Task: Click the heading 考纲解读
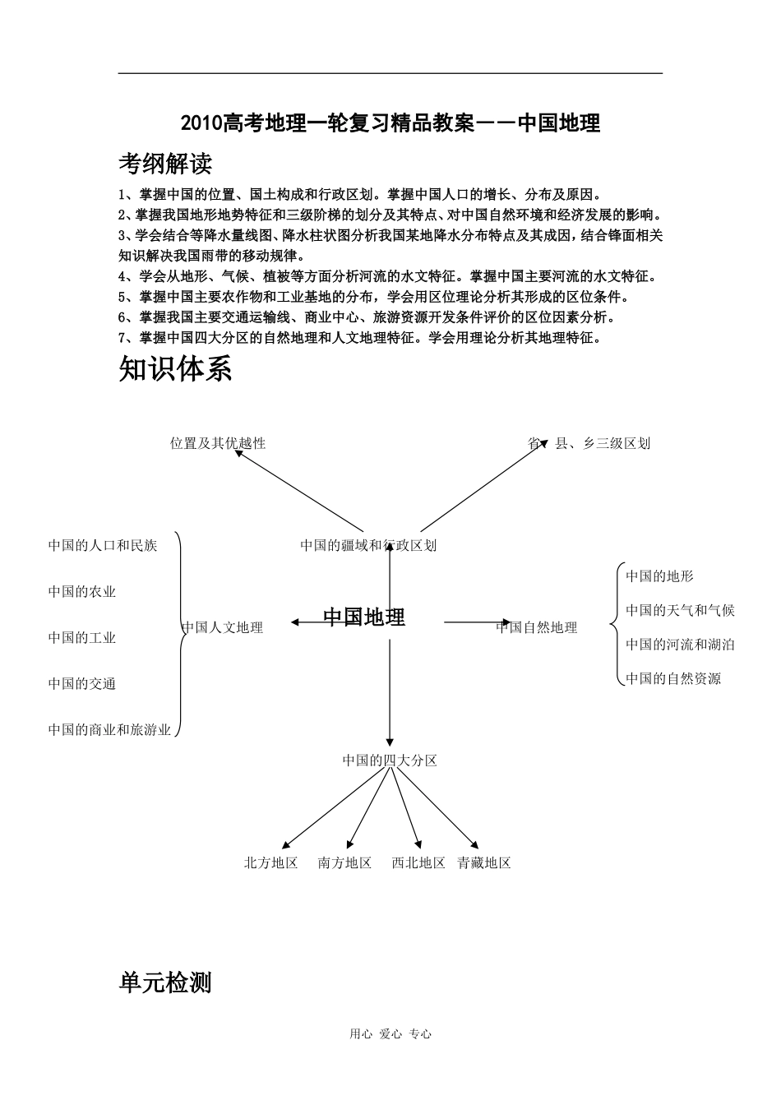coord(165,164)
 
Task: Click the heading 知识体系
coord(175,369)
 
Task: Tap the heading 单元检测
coord(165,982)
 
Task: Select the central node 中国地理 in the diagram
coord(364,617)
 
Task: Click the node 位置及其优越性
coord(218,443)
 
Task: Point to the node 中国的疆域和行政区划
coord(368,545)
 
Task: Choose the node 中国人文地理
coord(223,627)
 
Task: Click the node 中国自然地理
coord(537,627)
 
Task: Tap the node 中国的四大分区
coord(390,761)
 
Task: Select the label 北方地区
coord(270,862)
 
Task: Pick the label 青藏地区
coord(484,862)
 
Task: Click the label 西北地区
coord(418,862)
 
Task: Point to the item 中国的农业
coord(82,592)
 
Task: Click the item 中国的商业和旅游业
coord(109,729)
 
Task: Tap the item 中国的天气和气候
coord(680,610)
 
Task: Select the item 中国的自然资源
coord(673,678)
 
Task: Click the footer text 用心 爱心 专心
coord(390,1034)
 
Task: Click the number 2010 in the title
coord(201,123)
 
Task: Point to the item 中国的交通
coord(82,684)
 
